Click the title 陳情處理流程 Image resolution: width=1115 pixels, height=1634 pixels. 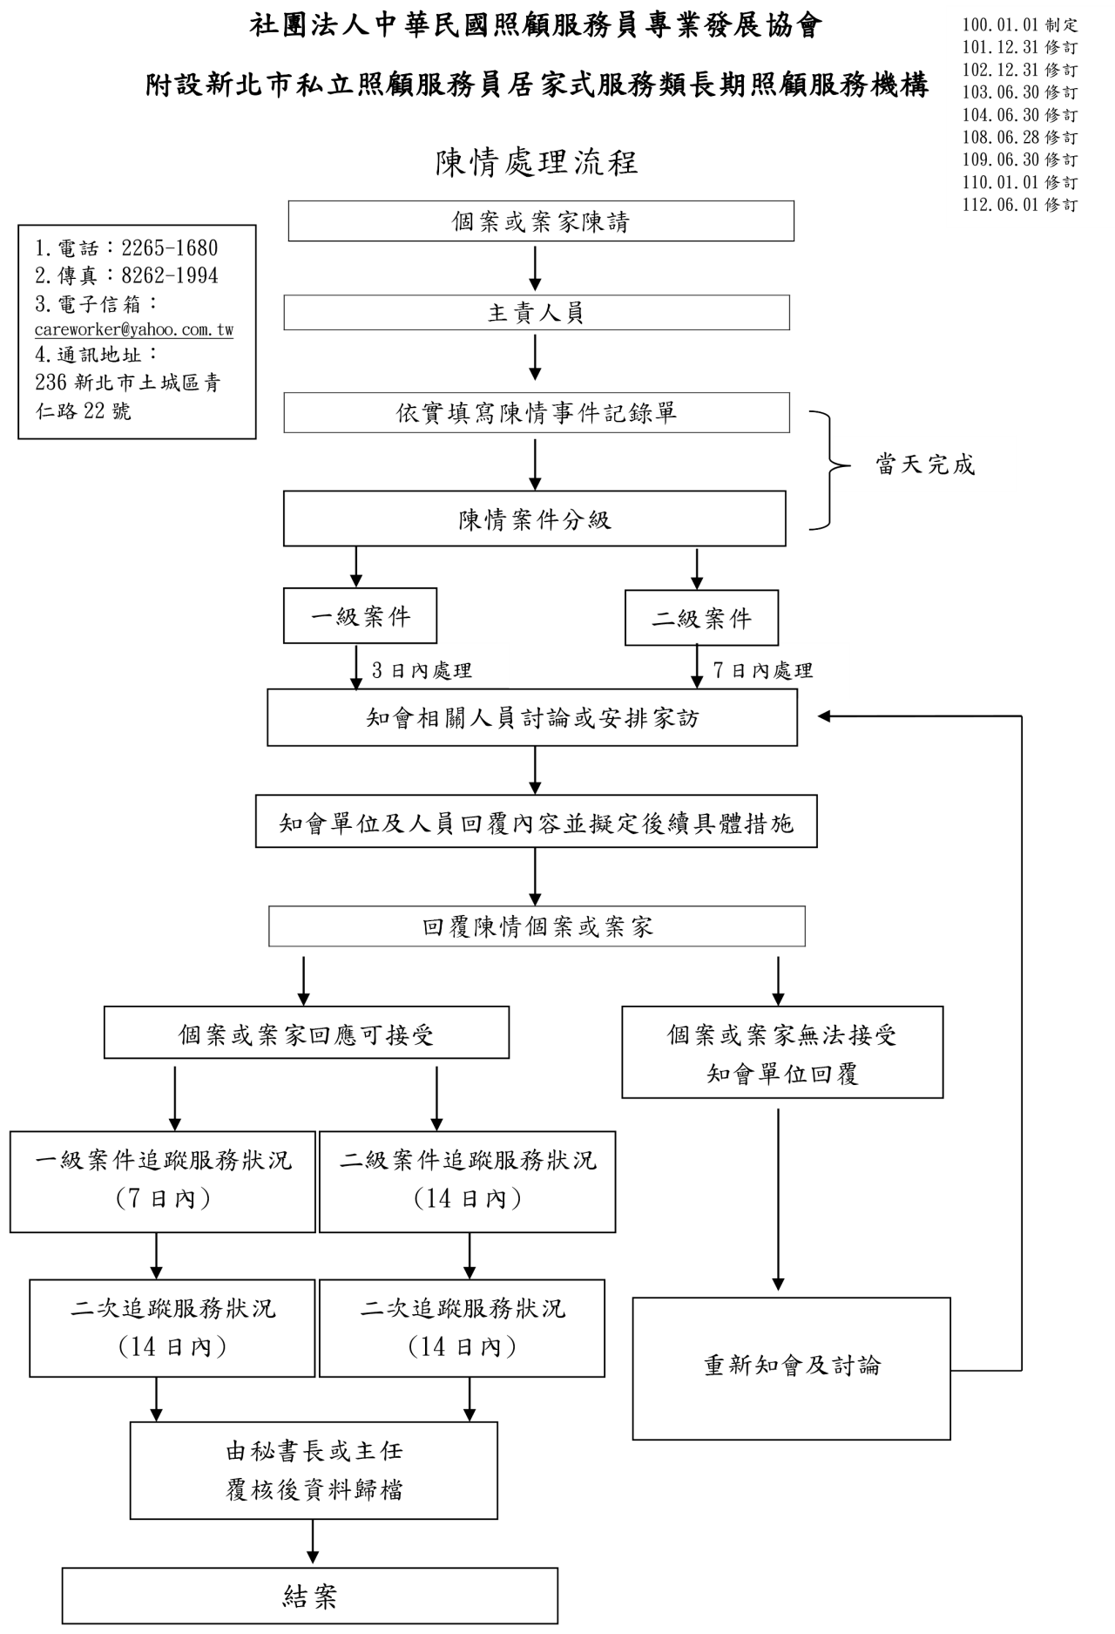click(x=537, y=162)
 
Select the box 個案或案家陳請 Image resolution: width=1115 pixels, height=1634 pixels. click(x=541, y=221)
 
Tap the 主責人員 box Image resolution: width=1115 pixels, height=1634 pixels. click(x=537, y=313)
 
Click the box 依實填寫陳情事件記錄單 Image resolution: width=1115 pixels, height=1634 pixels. click(x=537, y=413)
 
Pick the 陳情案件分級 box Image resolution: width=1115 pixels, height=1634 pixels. click(x=535, y=519)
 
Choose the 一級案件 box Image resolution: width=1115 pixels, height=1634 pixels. click(x=360, y=617)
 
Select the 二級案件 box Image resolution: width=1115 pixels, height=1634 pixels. click(x=701, y=619)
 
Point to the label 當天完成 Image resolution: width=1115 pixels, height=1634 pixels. click(x=925, y=464)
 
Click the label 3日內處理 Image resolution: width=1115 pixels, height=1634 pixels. click(x=422, y=670)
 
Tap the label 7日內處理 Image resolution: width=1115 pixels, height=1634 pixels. click(x=763, y=670)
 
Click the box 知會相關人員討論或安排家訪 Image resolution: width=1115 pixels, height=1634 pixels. click(x=532, y=718)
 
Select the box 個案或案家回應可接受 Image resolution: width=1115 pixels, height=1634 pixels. click(x=307, y=1034)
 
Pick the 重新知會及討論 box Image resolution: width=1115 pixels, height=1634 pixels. click(x=791, y=1366)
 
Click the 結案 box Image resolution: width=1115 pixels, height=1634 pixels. click(x=309, y=1596)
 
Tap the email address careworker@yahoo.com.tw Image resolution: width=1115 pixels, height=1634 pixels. click(x=134, y=330)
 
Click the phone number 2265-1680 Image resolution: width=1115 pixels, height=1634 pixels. click(x=170, y=248)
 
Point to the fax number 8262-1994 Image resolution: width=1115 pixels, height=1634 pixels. click(x=170, y=276)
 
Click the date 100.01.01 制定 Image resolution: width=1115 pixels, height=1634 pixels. click(x=1020, y=25)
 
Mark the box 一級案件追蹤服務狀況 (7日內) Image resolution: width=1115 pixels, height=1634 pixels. click(x=163, y=1181)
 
